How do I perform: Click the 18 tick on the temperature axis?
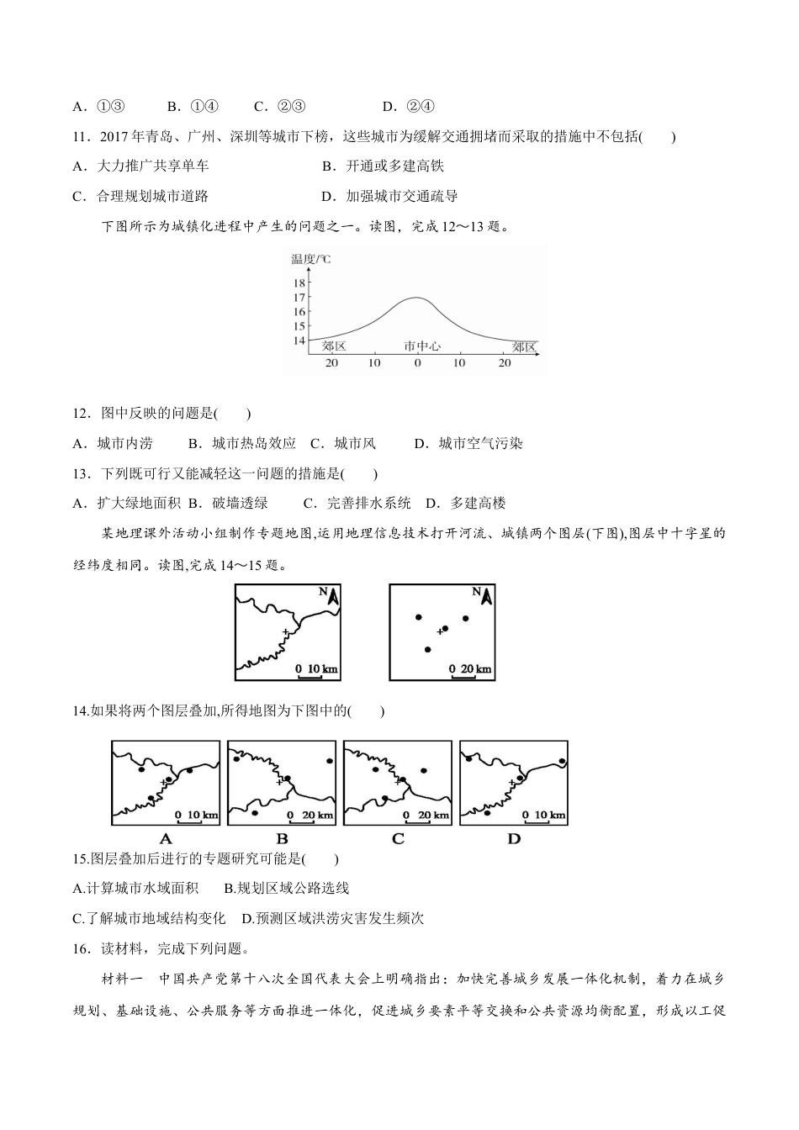(x=299, y=283)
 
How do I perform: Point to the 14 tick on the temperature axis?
(x=299, y=341)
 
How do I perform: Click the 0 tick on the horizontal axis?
(x=417, y=362)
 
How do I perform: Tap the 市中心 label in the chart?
(x=421, y=346)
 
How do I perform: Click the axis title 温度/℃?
(x=311, y=259)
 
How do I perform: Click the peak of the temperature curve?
(x=417, y=298)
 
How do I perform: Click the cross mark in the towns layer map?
(x=438, y=631)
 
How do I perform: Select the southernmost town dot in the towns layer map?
(x=427, y=649)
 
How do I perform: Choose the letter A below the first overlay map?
(x=166, y=838)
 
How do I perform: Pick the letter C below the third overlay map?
(x=398, y=838)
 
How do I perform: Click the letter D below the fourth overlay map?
(x=514, y=838)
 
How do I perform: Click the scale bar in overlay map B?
(x=310, y=816)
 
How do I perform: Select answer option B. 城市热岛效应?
(x=242, y=443)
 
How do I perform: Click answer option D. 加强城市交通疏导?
(x=390, y=196)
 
